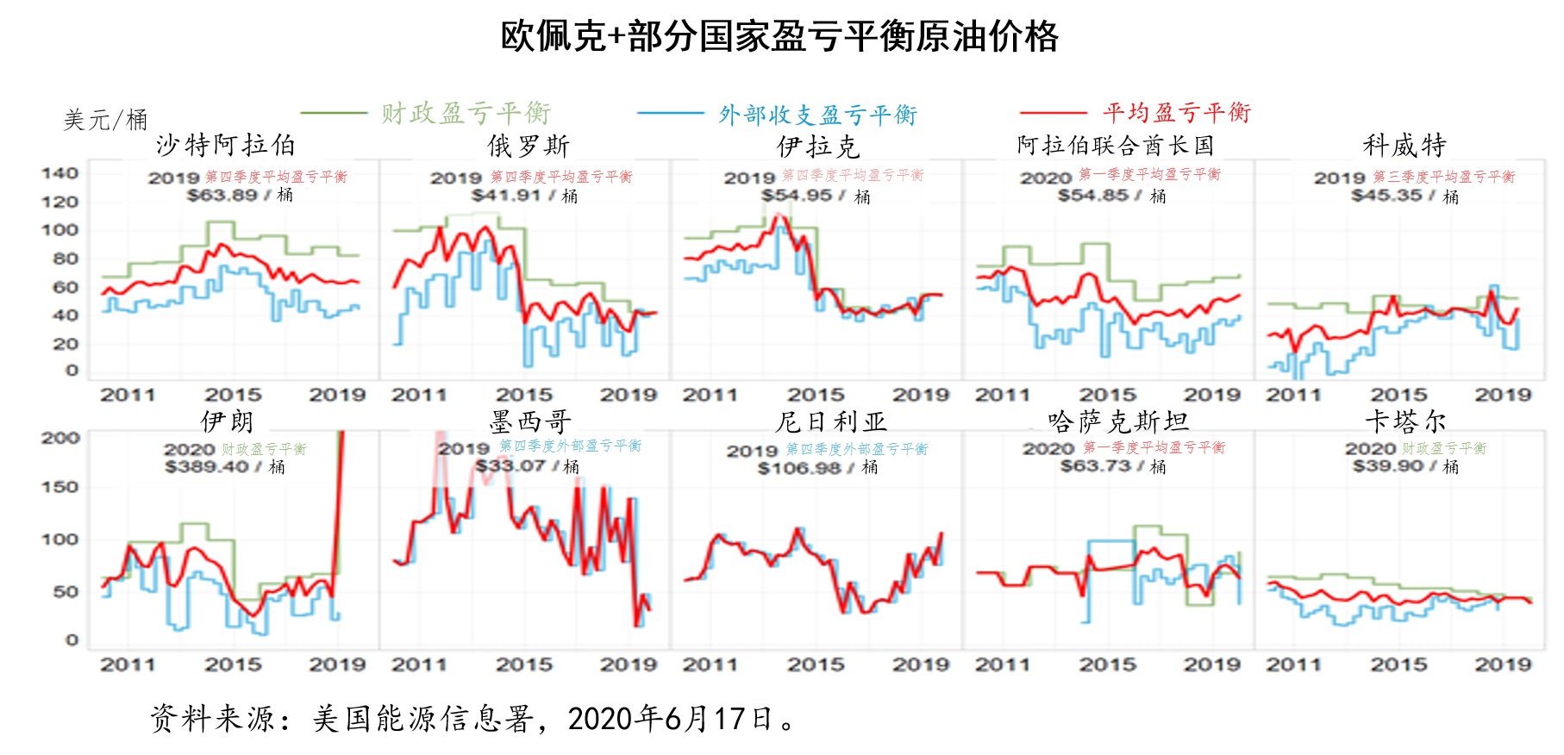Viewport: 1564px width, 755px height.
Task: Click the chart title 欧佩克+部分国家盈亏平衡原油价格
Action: tap(779, 37)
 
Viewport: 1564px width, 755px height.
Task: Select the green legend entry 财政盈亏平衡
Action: tap(466, 114)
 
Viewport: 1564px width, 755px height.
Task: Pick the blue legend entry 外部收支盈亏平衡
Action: tap(817, 115)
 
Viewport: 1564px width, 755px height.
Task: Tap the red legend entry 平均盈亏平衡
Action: tap(1176, 113)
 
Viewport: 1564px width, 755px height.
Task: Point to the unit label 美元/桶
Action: tap(105, 120)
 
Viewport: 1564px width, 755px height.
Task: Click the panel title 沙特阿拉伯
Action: tap(226, 145)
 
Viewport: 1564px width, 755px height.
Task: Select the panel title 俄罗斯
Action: tap(528, 146)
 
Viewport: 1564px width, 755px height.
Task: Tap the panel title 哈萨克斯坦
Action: tap(1118, 421)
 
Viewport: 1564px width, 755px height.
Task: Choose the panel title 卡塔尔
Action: tap(1404, 421)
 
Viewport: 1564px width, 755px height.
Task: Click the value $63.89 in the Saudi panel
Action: tap(222, 196)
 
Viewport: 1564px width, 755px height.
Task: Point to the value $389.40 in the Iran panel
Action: tap(207, 467)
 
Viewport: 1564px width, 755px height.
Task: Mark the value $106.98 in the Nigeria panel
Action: tap(798, 468)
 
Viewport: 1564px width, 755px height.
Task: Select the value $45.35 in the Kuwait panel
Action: tap(1386, 196)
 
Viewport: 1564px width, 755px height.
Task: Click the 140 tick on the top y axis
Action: tap(60, 173)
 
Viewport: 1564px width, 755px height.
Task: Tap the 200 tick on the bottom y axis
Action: tap(60, 438)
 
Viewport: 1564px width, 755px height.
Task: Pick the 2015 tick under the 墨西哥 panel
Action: tap(523, 665)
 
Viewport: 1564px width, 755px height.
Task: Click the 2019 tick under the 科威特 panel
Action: tap(1503, 395)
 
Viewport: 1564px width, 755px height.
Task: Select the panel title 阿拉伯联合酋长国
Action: tap(1116, 146)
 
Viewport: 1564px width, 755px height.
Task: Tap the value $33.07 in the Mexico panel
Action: tap(510, 466)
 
